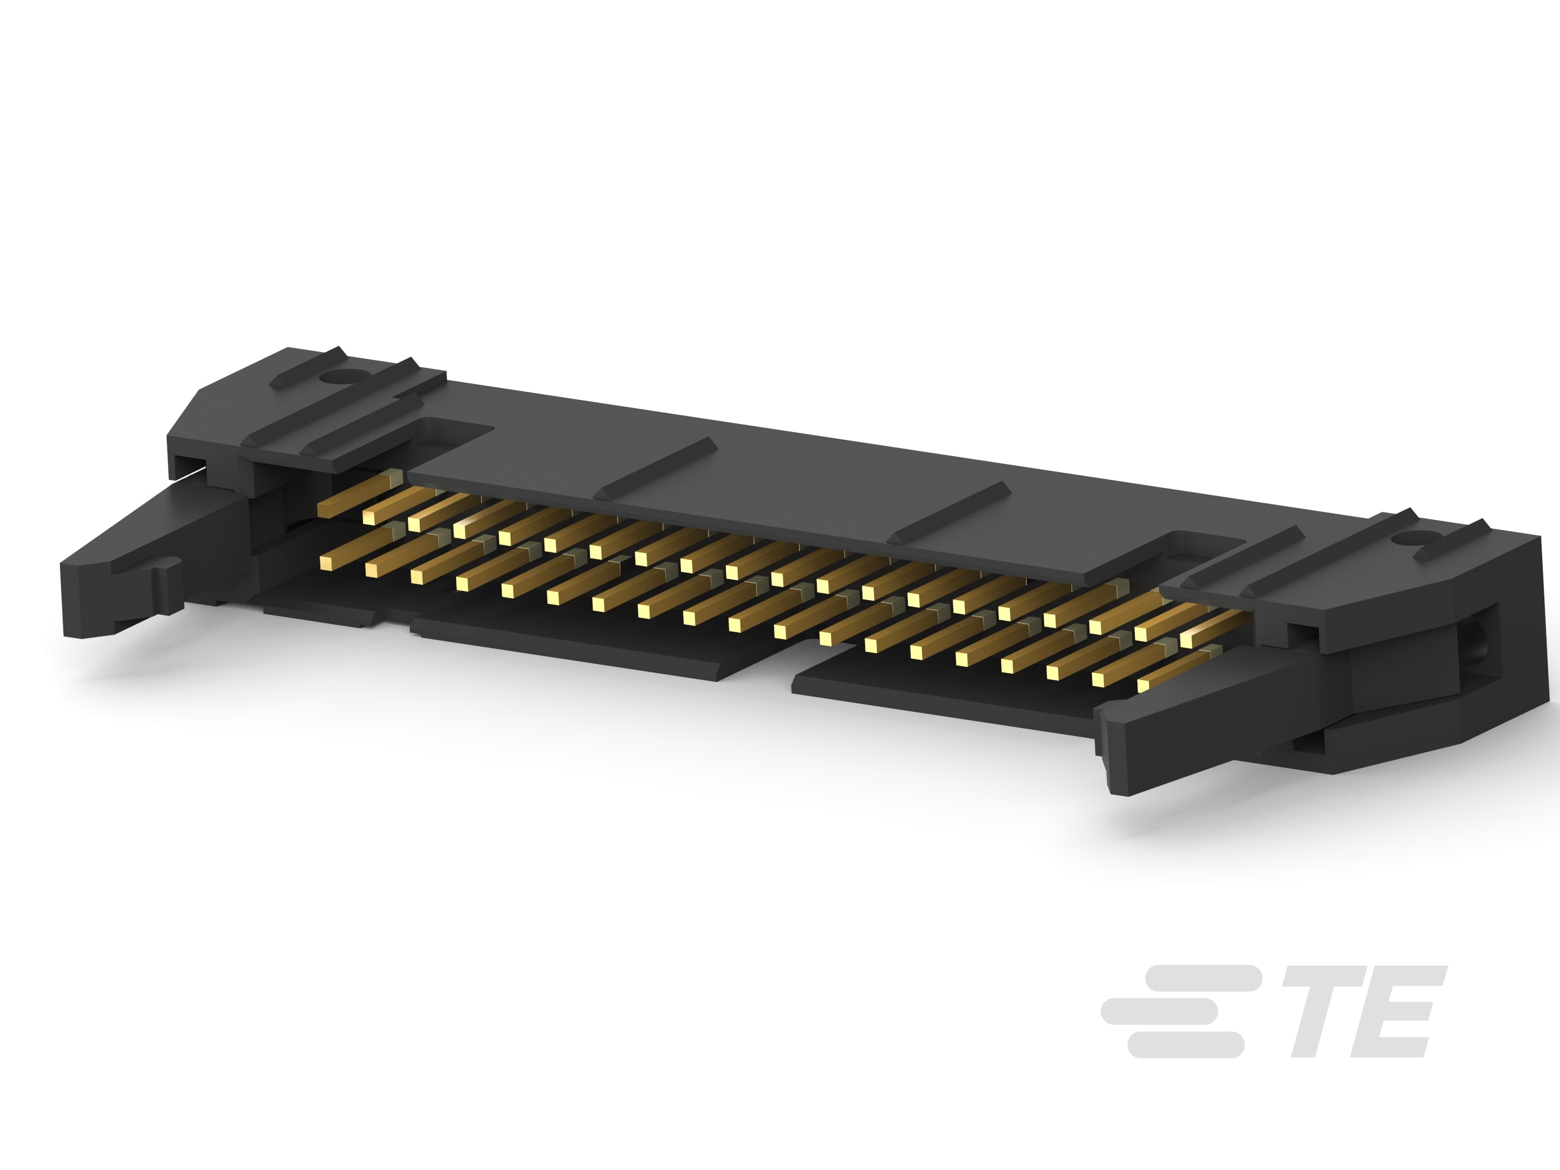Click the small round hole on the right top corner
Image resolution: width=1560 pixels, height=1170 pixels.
1401,542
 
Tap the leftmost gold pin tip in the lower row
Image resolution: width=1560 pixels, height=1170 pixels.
327,562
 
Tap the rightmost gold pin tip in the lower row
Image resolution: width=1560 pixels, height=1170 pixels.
1144,685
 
